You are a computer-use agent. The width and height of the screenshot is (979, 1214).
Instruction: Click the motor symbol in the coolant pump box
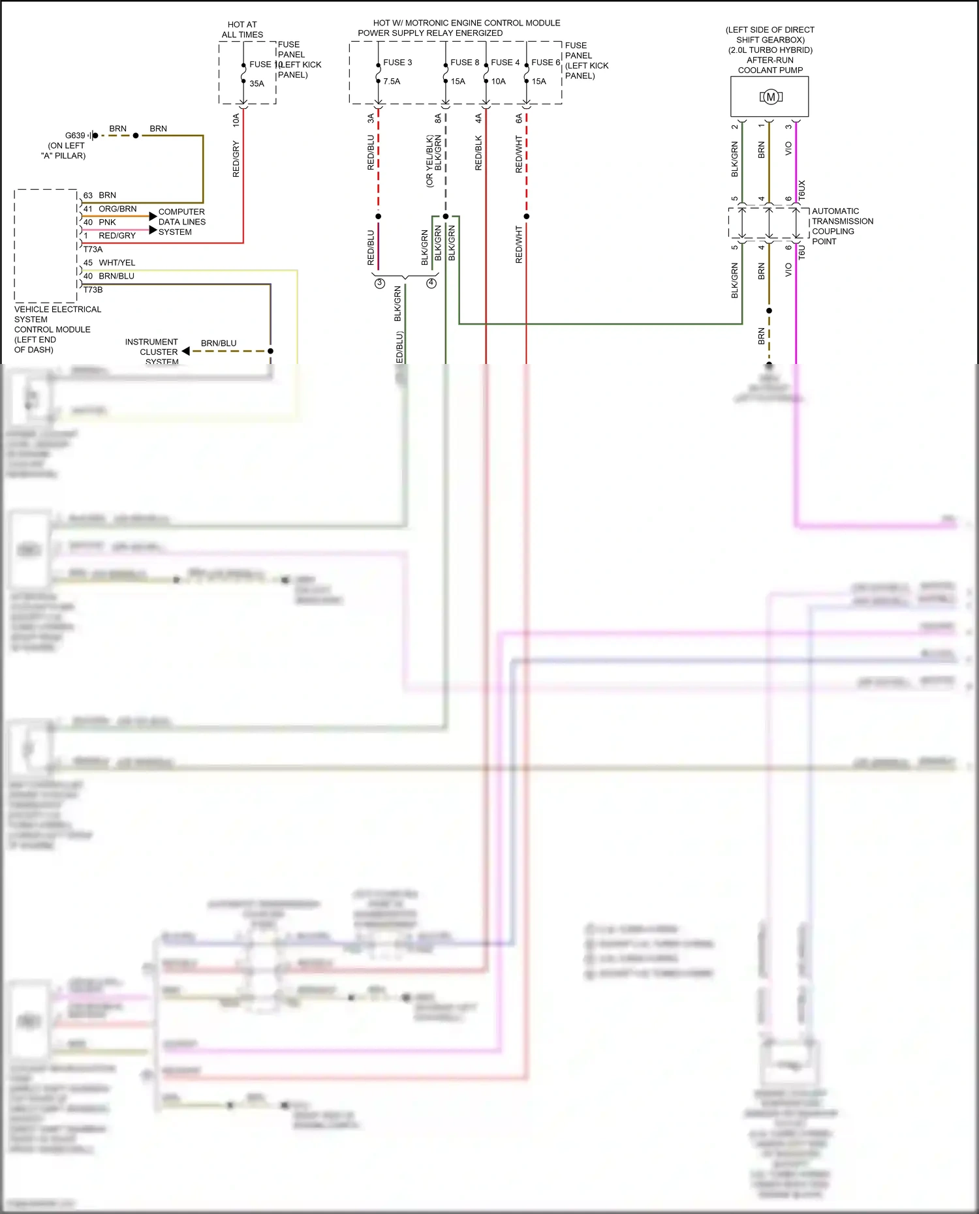pos(771,97)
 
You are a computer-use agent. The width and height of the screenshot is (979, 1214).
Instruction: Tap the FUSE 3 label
pos(397,63)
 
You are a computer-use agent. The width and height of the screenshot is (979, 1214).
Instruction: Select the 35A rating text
pos(256,83)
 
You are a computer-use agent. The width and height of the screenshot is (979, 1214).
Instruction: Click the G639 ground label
pos(75,136)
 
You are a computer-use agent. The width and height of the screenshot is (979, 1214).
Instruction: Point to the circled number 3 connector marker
pos(379,283)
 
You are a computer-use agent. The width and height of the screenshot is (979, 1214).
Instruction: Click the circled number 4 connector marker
pos(431,283)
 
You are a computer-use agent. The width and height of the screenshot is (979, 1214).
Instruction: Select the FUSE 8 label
pos(464,63)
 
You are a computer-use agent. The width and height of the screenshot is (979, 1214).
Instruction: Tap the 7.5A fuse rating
pos(392,82)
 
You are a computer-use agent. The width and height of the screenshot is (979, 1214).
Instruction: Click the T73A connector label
pos(93,249)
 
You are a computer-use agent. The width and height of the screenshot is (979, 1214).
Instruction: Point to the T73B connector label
pos(93,290)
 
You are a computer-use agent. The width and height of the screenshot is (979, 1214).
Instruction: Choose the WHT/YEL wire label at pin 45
pos(117,263)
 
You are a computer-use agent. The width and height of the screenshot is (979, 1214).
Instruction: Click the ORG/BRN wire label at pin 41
pos(117,209)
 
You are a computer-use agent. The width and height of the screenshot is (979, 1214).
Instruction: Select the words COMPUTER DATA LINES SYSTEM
pos(181,222)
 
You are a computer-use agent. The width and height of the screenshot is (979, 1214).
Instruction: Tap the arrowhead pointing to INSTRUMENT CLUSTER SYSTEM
pos(186,351)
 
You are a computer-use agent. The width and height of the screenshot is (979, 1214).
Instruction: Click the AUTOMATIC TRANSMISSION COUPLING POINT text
pos(842,226)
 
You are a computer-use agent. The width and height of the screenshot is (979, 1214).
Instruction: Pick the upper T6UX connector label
pos(802,190)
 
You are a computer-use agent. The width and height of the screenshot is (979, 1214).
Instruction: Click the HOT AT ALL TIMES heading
pos(242,29)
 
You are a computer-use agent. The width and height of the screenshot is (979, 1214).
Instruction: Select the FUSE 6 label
pos(545,63)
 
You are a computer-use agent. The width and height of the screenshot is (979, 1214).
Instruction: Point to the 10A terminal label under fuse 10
pos(236,119)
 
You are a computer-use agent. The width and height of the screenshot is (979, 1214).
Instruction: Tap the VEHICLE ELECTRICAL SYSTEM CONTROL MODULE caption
pos(57,329)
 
